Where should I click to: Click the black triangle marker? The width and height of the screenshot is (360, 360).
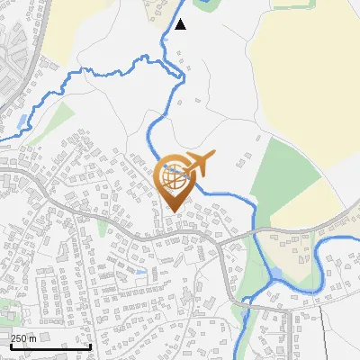[180, 24]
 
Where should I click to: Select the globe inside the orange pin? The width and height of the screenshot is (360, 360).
[174, 179]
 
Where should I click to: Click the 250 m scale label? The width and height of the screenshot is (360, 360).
[23, 337]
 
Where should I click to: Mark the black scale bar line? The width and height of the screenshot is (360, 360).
[51, 346]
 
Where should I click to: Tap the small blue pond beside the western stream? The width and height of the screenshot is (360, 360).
[21, 120]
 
